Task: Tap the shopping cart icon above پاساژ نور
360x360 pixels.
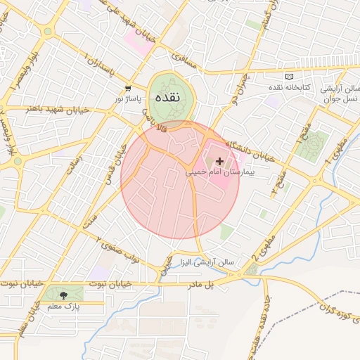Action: pyautogui.click(x=128, y=89)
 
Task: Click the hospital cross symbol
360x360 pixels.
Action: pyautogui.click(x=220, y=161)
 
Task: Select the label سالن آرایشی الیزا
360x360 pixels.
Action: pyautogui.click(x=210, y=262)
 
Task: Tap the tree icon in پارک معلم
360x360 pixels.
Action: pyautogui.click(x=65, y=296)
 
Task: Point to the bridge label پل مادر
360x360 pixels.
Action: pyautogui.click(x=218, y=282)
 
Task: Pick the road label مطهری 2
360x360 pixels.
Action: pyautogui.click(x=264, y=247)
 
